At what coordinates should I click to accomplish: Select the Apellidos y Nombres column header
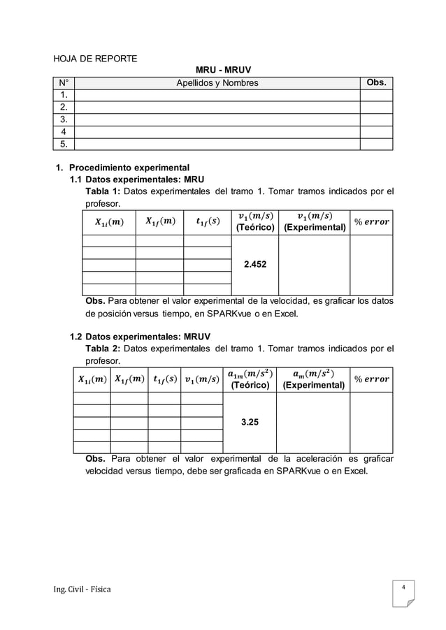[216, 83]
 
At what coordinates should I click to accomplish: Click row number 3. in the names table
[64, 119]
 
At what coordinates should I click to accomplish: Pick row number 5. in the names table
[64, 145]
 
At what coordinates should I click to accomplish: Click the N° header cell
[64, 83]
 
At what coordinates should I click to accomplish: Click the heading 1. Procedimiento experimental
[122, 168]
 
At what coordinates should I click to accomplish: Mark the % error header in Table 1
[371, 222]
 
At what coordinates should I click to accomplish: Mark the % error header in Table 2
[371, 380]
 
